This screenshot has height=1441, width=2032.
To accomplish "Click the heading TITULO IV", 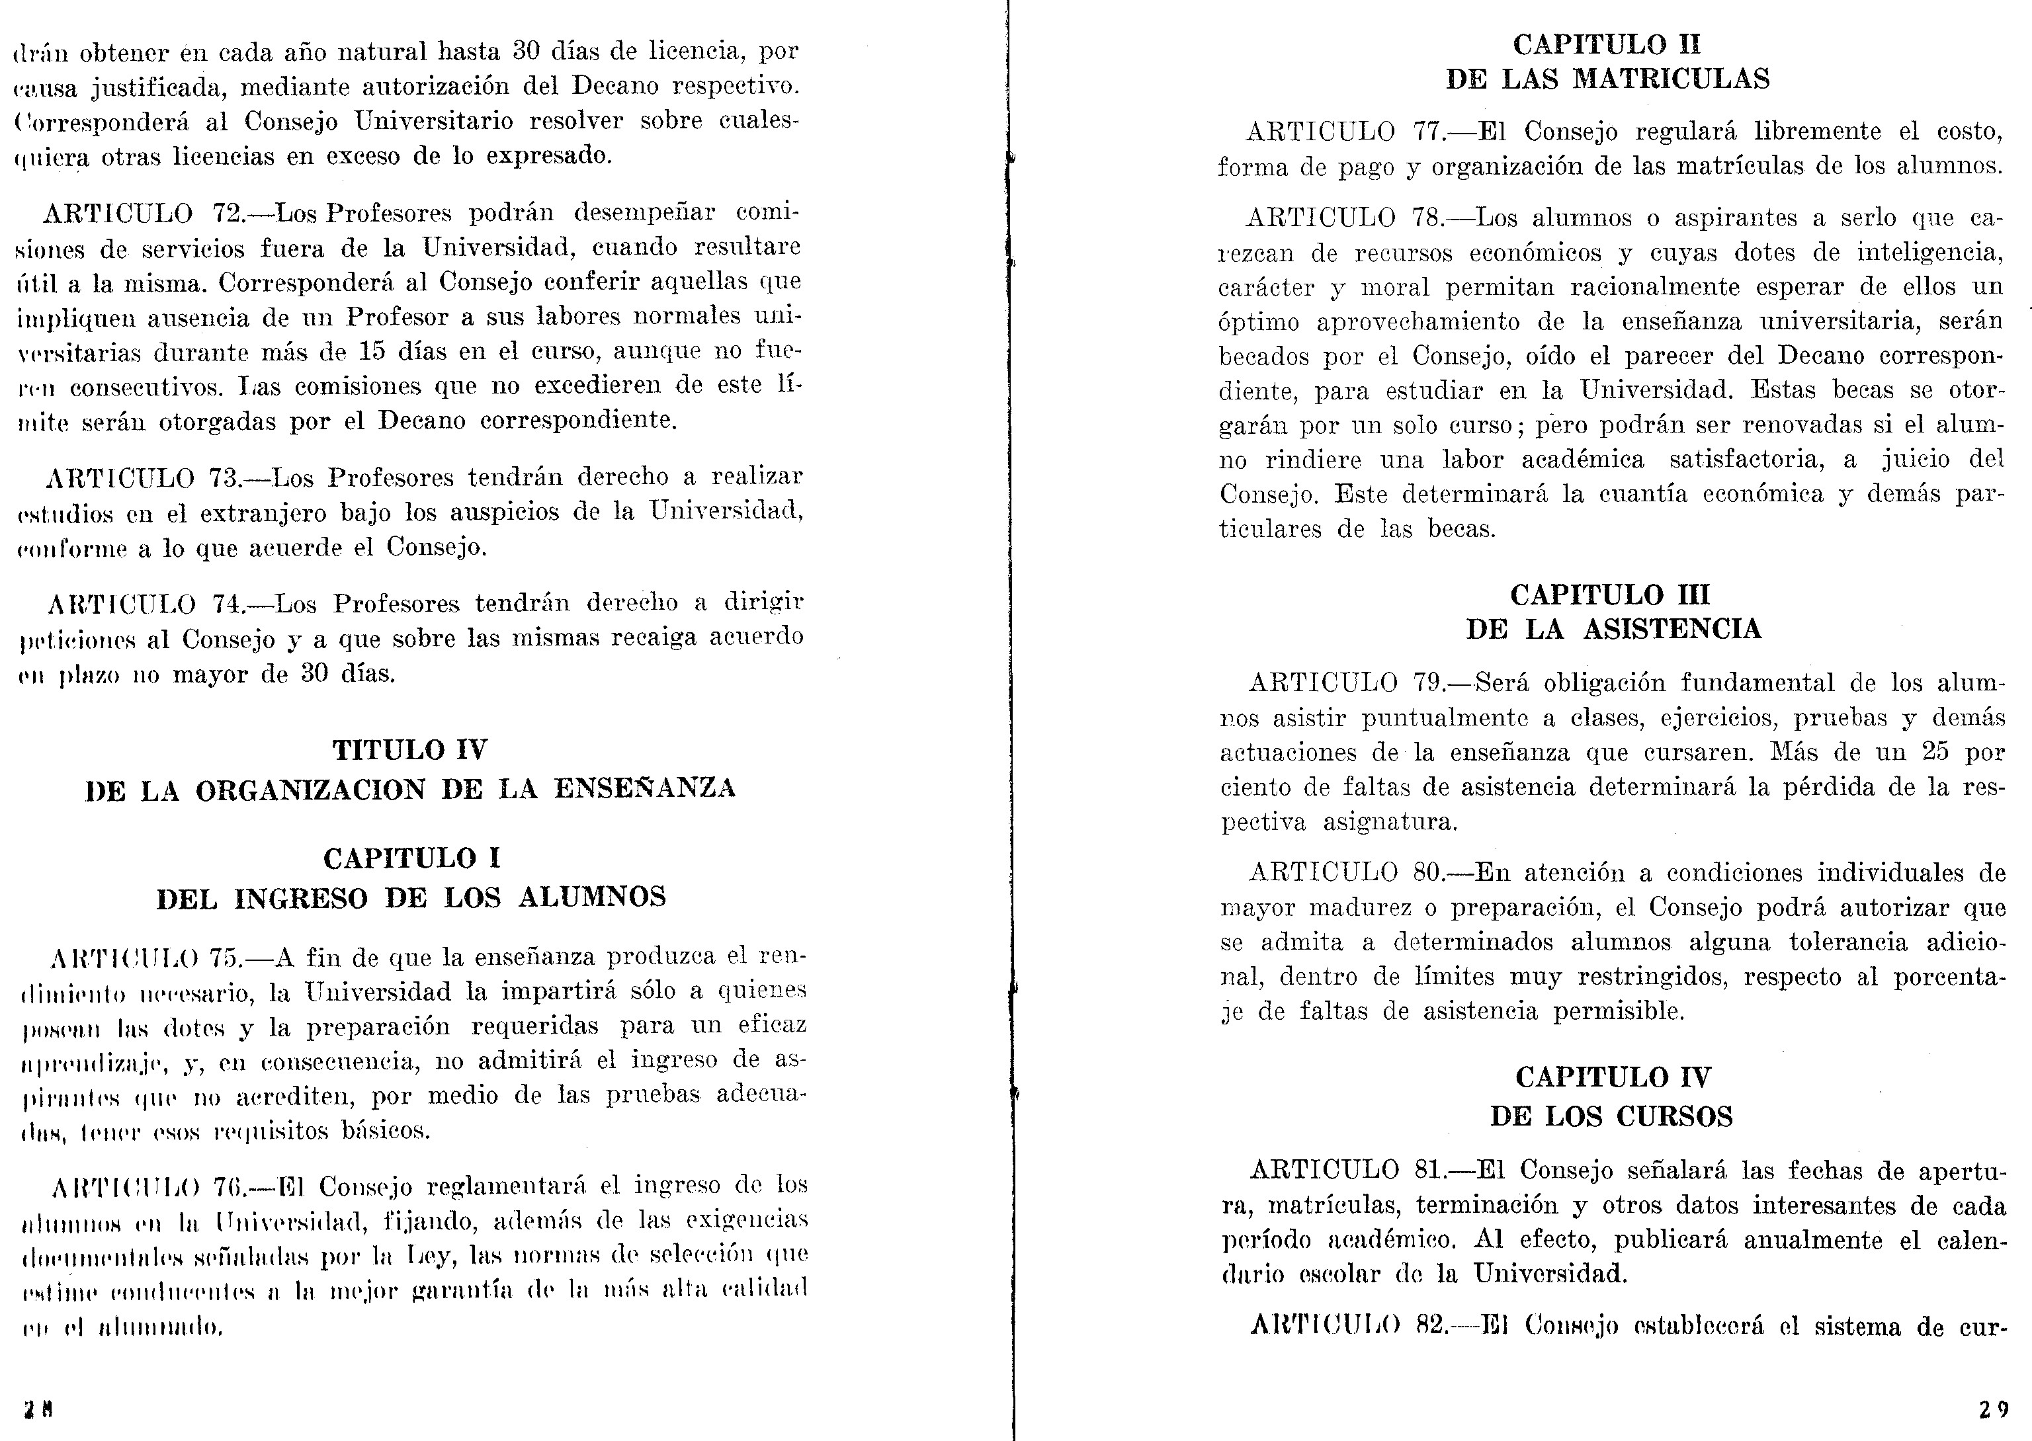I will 410,750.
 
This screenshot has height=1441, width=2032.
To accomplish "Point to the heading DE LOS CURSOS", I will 1611,1116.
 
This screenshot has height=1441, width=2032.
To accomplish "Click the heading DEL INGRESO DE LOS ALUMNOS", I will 411,898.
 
